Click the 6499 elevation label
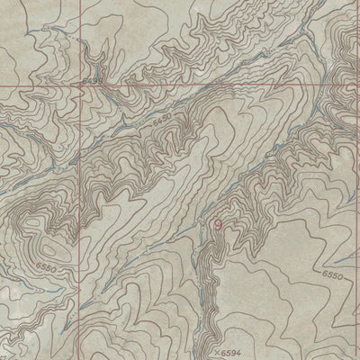(94, 82)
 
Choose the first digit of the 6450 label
(155, 118)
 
